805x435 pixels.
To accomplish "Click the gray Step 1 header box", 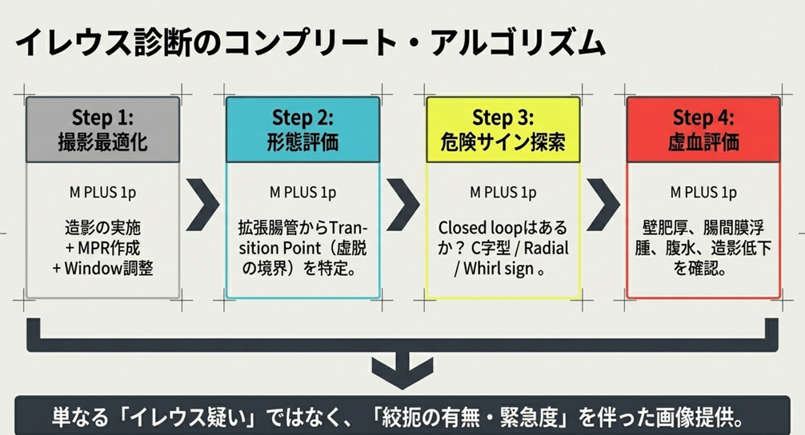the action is click(x=102, y=130).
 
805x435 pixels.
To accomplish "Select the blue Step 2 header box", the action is click(x=303, y=130).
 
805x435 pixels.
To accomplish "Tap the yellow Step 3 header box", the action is click(x=503, y=130).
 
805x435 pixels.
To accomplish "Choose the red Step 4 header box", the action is click(x=703, y=130).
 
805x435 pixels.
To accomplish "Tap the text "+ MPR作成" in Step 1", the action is click(x=102, y=248).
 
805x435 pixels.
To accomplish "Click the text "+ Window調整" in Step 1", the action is click(x=102, y=268).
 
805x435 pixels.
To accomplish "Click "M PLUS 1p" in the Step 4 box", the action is click(x=703, y=193).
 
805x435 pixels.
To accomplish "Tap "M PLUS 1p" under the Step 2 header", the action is click(x=303, y=193).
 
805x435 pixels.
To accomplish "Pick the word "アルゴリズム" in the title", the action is click(x=519, y=42).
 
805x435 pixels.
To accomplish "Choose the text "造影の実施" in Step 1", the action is click(x=102, y=228).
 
